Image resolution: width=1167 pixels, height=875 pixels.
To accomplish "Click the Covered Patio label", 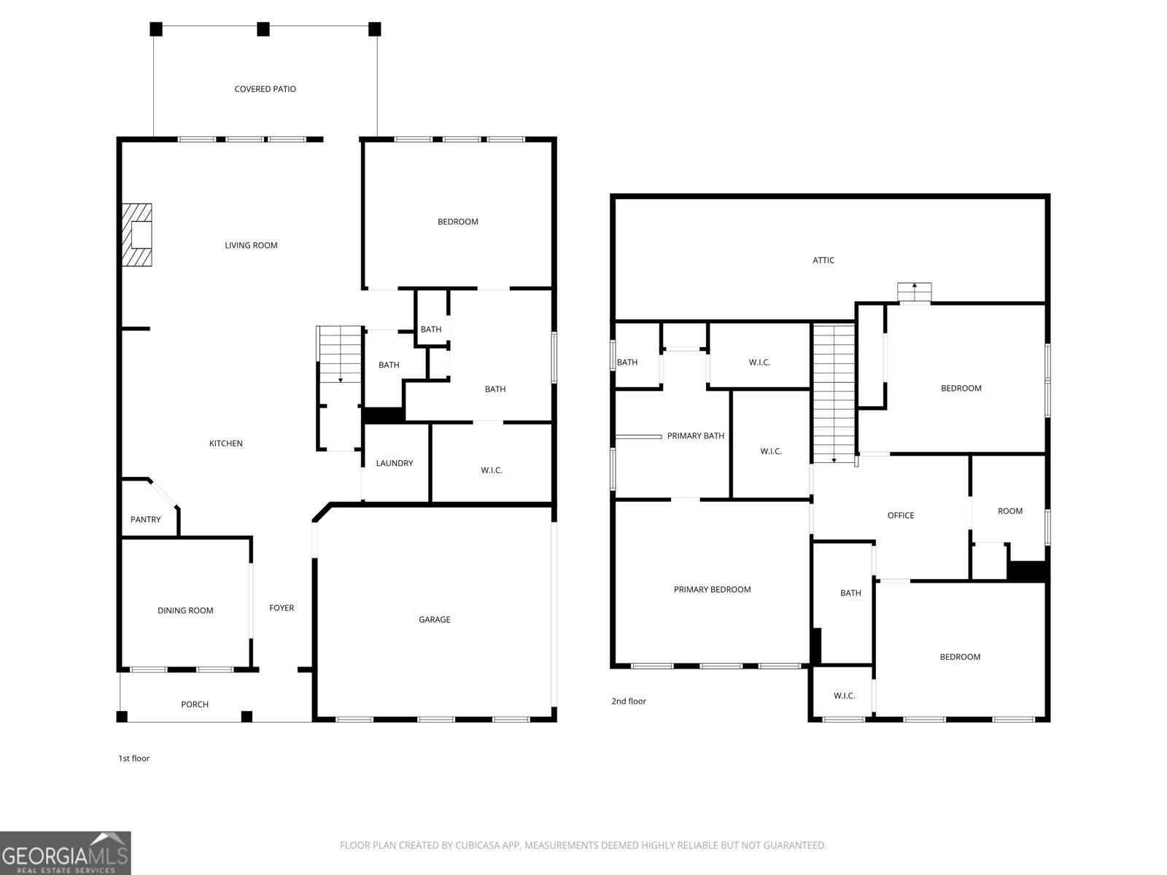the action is pyautogui.click(x=265, y=89).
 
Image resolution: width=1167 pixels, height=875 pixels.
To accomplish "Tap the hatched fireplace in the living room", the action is pyautogui.click(x=136, y=234).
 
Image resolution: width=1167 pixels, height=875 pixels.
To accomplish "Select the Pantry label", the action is pyautogui.click(x=146, y=519).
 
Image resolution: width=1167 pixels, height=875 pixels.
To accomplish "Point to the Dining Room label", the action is pyautogui.click(x=185, y=610).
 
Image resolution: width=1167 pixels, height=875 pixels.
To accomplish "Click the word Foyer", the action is pyautogui.click(x=282, y=608).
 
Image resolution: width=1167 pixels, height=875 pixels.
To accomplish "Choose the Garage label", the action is pyautogui.click(x=435, y=620).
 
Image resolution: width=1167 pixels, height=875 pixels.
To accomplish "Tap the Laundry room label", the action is pyautogui.click(x=395, y=463).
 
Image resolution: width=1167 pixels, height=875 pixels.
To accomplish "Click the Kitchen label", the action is pyautogui.click(x=226, y=443).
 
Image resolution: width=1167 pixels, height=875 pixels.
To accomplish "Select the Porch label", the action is pyautogui.click(x=195, y=704).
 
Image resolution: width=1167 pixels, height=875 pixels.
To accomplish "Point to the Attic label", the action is pyautogui.click(x=823, y=260).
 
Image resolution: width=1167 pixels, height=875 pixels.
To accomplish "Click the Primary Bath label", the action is pyautogui.click(x=696, y=435).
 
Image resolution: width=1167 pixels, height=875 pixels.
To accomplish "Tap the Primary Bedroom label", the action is pyautogui.click(x=713, y=589).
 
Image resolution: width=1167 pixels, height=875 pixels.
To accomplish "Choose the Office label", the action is pyautogui.click(x=902, y=516).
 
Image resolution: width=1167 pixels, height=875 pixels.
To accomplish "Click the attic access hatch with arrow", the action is pyautogui.click(x=915, y=292).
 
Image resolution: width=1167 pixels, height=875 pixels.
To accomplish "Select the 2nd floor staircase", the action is pyautogui.click(x=834, y=393).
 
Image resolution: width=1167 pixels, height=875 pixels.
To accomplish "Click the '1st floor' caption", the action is pyautogui.click(x=134, y=758).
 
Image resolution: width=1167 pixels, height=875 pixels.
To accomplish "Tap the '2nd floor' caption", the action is pyautogui.click(x=629, y=701).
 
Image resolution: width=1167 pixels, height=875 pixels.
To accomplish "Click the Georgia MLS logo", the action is pyautogui.click(x=66, y=852).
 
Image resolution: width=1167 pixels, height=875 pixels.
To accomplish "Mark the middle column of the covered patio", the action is pyautogui.click(x=263, y=29).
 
